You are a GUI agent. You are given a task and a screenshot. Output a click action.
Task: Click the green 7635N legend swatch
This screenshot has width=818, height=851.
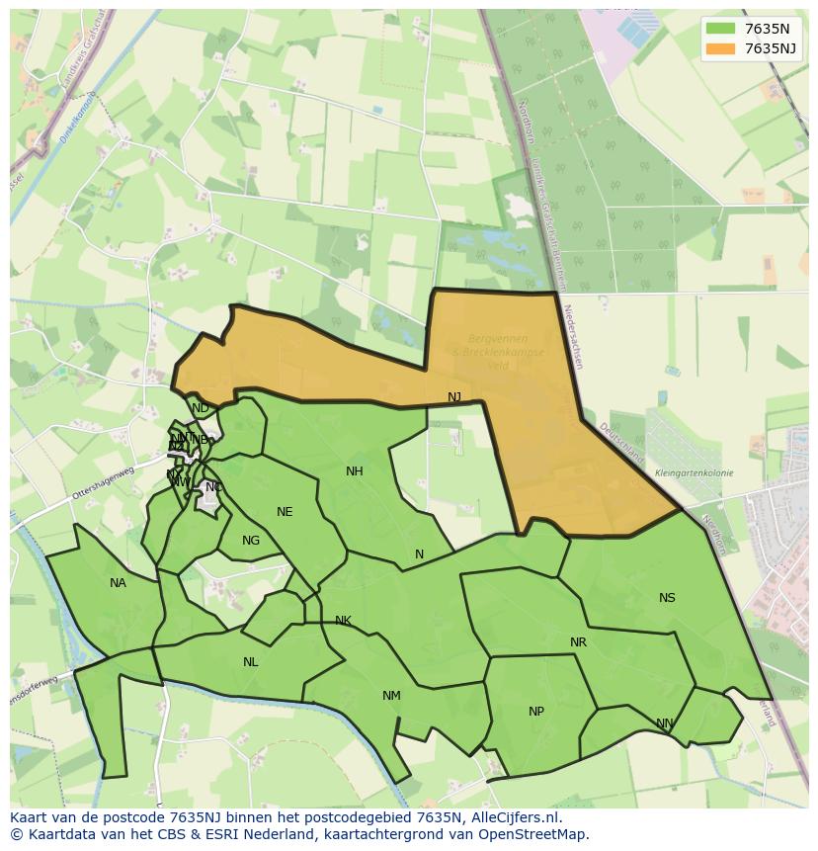click(721, 28)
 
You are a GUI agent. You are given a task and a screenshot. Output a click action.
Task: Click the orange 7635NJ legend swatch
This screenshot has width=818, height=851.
click(721, 48)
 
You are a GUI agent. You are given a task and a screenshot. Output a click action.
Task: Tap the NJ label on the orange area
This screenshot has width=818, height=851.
click(454, 397)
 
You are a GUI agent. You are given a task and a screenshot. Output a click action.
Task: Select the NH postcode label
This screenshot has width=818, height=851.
click(355, 471)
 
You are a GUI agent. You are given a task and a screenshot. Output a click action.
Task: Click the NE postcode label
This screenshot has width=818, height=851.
click(285, 512)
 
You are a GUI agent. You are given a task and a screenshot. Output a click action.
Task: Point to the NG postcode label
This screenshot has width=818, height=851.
click(251, 541)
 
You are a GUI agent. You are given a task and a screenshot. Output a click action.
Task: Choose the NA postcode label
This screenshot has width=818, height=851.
click(118, 583)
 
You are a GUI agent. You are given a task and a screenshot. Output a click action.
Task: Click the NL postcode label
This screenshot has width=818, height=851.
click(250, 662)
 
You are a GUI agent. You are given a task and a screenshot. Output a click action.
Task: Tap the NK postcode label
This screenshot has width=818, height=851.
click(343, 621)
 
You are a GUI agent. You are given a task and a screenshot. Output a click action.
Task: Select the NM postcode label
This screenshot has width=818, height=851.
click(391, 696)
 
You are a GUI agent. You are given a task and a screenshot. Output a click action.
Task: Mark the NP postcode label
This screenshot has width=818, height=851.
click(536, 712)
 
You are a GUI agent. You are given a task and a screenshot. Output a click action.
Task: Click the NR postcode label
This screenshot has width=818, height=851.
click(578, 642)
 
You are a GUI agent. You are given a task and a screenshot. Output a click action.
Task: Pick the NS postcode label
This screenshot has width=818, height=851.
click(667, 598)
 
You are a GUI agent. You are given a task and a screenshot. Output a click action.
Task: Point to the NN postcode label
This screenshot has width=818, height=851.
click(665, 723)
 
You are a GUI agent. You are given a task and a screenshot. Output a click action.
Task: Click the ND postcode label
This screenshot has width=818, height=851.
click(201, 408)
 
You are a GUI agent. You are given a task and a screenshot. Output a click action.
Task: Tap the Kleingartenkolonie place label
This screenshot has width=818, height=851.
click(694, 473)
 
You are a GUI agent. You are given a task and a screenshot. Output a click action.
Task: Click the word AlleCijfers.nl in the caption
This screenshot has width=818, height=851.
click(515, 817)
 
